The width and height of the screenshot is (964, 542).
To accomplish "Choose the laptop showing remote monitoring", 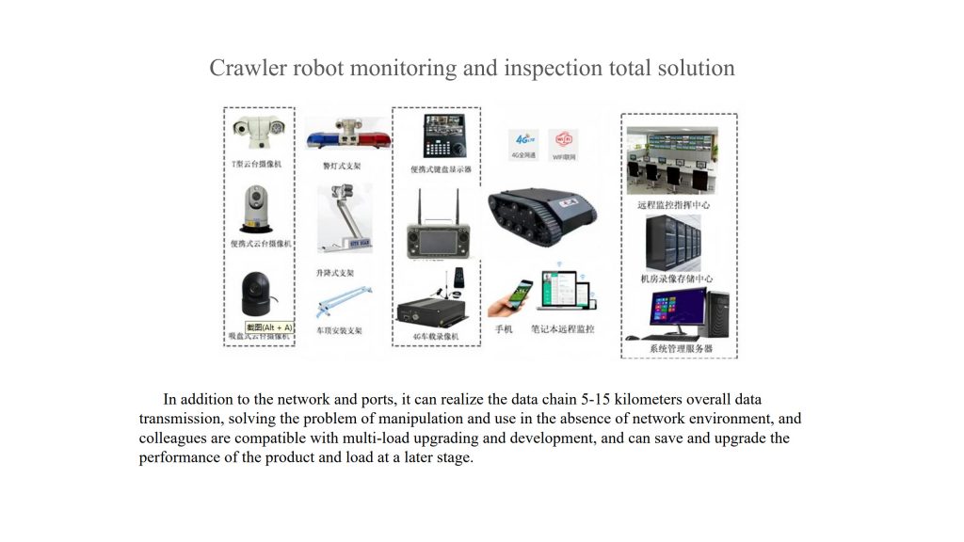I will pyautogui.click(x=563, y=294).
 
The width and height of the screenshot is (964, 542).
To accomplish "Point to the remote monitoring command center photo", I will pyautogui.click(x=673, y=161).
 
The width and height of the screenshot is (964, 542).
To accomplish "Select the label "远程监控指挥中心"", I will pyautogui.click(x=674, y=204).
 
